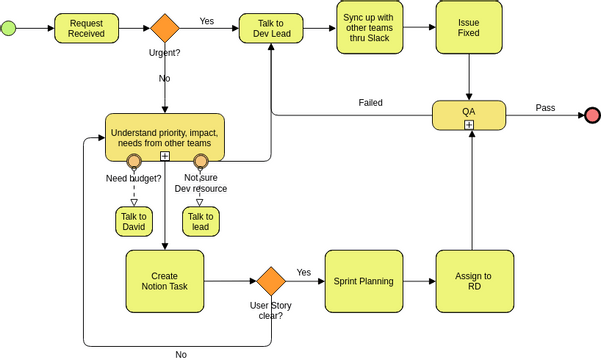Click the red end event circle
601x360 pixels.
point(591,115)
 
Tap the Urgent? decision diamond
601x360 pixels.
point(165,28)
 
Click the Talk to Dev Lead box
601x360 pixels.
point(270,28)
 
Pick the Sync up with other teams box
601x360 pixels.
point(366,28)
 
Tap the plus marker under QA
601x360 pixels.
point(468,124)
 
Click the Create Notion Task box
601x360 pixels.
point(164,281)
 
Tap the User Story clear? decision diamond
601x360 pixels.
point(270,281)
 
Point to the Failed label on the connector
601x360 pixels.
point(370,102)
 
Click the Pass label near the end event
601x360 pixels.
point(545,107)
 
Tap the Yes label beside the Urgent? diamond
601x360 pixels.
point(206,20)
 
